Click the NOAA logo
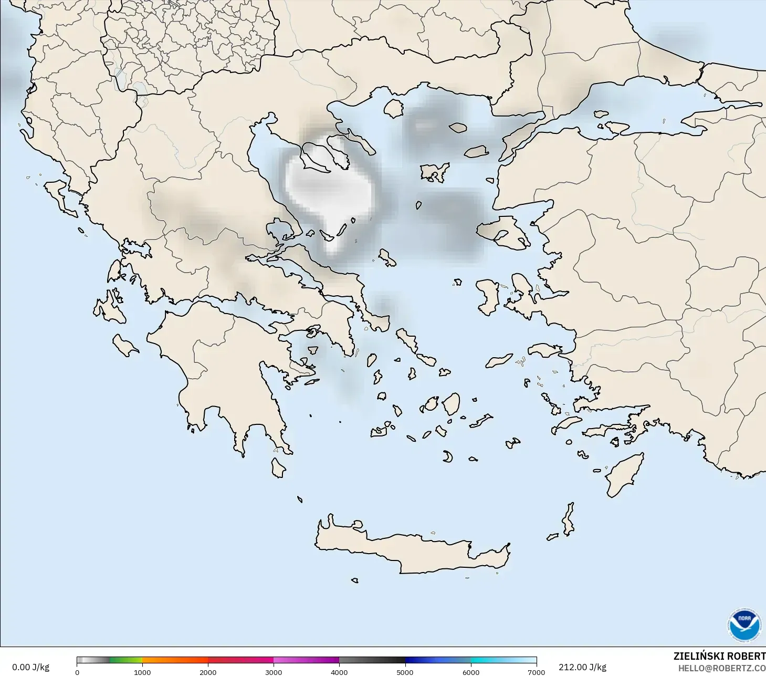click(744, 625)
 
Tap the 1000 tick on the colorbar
click(142, 672)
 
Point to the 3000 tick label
click(274, 672)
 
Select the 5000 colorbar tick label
click(405, 672)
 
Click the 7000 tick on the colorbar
click(536, 672)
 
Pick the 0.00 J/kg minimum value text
click(30, 667)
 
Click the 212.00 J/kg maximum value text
click(582, 667)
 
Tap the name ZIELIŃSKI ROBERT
click(719, 656)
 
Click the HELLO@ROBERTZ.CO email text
click(721, 668)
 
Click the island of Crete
click(410, 549)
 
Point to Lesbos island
click(501, 231)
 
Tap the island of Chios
click(488, 297)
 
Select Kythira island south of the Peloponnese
click(278, 467)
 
